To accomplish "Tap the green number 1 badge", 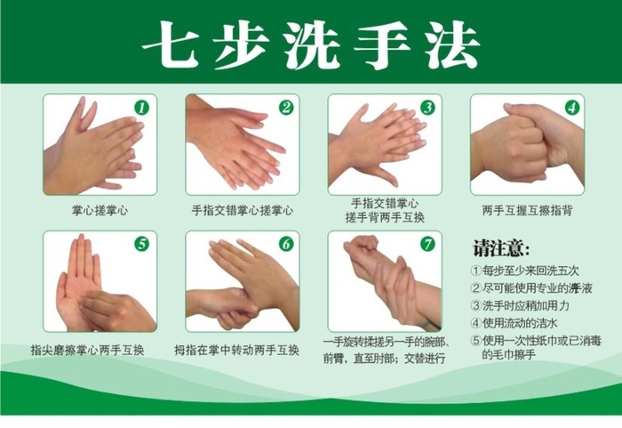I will coord(142,108).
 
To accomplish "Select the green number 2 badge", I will coord(285,108).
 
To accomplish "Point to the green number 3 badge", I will coord(427,108).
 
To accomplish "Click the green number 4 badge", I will coord(571,108).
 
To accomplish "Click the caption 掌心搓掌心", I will coord(100,211).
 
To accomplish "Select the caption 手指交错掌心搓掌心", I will coord(243,211).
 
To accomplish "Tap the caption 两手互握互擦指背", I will coord(527,211).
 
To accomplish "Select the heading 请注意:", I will coord(501,246).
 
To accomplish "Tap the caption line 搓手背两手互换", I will coord(385,216).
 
